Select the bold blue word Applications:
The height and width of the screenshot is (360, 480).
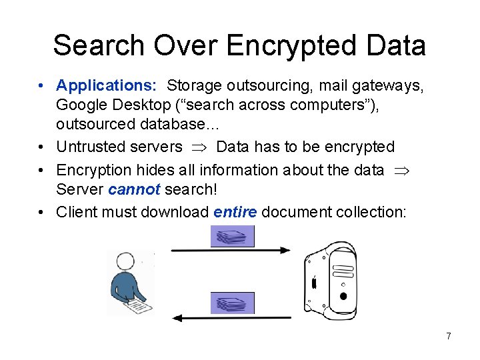click(x=107, y=86)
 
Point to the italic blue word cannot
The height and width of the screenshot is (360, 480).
click(x=134, y=189)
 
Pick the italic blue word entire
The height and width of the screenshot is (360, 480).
click(x=235, y=212)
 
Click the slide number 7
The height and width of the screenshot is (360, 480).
click(x=448, y=337)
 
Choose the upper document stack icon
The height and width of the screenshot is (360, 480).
click(x=233, y=236)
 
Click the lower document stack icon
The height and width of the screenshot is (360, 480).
click(x=233, y=303)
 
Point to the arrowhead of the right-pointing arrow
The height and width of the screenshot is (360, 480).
click(x=285, y=250)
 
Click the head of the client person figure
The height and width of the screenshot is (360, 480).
click(x=126, y=262)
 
